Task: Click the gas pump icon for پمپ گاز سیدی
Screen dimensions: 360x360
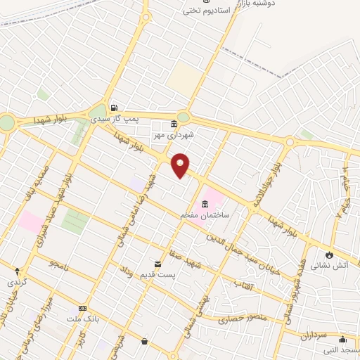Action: pos(113,108)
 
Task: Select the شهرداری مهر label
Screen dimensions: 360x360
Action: pos(175,133)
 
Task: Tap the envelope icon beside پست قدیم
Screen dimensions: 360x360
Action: pos(156,264)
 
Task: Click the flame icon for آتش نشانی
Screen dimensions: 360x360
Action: pos(328,255)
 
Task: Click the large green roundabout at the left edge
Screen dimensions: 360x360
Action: pos(6,122)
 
